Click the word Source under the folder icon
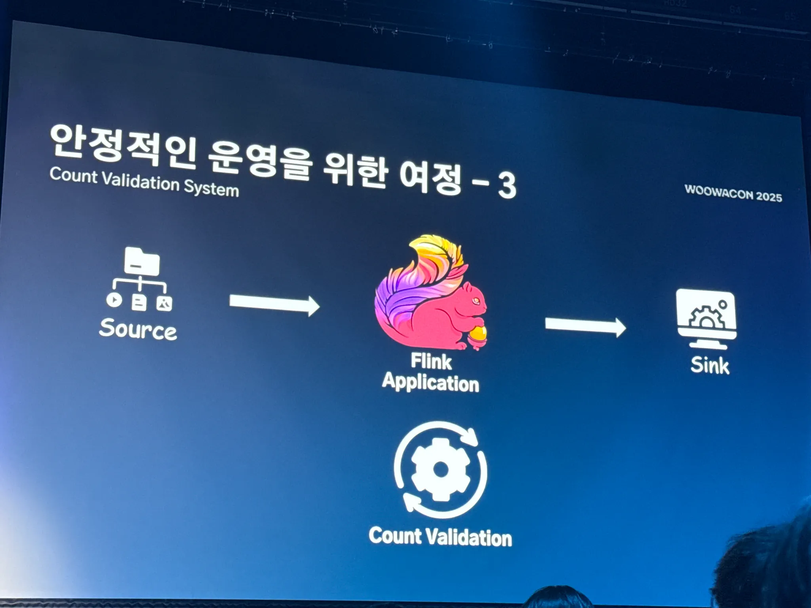tap(138, 329)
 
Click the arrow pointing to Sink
tap(585, 326)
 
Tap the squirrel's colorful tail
tap(416, 277)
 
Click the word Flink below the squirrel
tap(431, 361)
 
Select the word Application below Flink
tap(431, 383)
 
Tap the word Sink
tap(710, 365)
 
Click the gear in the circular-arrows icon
tap(441, 470)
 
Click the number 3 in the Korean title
tap(506, 185)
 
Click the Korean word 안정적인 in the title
tap(123, 146)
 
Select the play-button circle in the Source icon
tap(114, 300)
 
